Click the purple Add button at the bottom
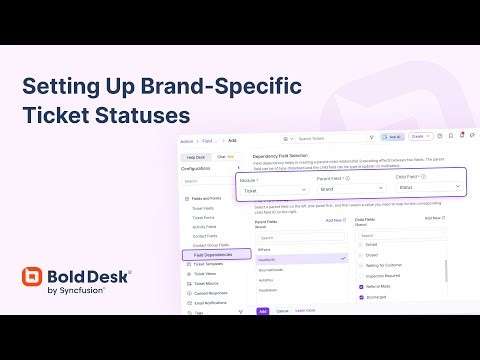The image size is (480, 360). (x=263, y=311)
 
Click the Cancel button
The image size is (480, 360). (x=283, y=311)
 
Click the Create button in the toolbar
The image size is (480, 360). (x=419, y=137)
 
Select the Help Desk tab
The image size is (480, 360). (x=195, y=157)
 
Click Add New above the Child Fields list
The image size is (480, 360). (x=433, y=217)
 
